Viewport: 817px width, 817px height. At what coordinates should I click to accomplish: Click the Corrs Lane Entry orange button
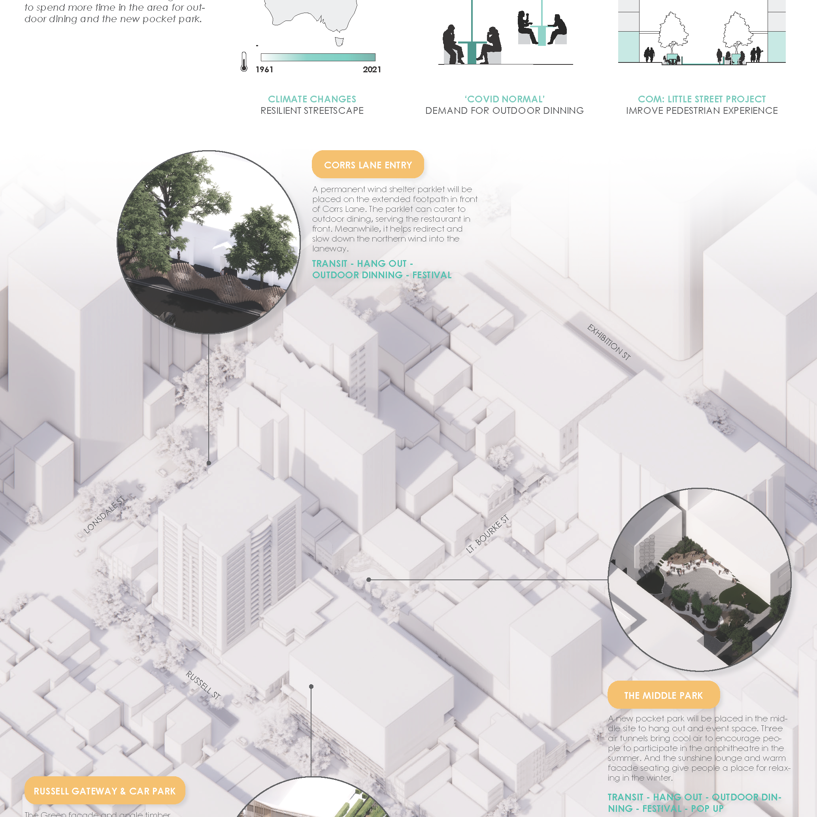coord(368,164)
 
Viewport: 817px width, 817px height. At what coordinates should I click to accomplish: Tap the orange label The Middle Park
coord(663,695)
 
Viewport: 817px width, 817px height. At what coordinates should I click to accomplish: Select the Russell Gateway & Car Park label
coord(104,791)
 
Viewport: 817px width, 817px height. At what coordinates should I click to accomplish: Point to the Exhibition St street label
coord(609,342)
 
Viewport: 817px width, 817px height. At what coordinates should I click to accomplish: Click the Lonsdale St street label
coord(104,515)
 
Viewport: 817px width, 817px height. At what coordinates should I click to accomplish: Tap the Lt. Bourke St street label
coord(487,534)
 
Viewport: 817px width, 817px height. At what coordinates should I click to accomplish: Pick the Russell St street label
coord(203,685)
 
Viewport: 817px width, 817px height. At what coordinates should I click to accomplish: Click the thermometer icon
coord(244,62)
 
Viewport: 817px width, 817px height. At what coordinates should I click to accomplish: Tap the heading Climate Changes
coord(312,99)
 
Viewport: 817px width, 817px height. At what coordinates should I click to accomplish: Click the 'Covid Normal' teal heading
coord(504,99)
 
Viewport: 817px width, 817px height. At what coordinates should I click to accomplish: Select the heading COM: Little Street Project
coord(702,99)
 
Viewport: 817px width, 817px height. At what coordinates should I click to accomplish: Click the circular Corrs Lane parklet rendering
coord(208,242)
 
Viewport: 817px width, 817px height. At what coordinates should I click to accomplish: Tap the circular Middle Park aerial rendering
coord(700,579)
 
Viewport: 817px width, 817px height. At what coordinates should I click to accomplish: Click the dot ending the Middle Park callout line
coord(369,580)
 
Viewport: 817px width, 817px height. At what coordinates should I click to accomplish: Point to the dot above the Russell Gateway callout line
coord(311,686)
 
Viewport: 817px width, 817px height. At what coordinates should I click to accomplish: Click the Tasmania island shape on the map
coord(339,42)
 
